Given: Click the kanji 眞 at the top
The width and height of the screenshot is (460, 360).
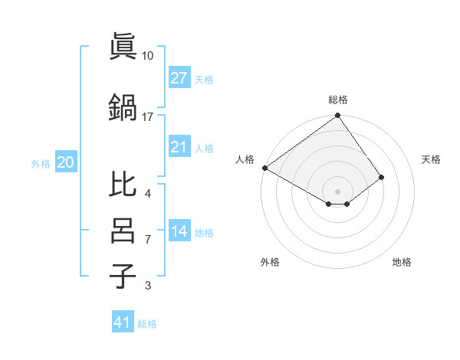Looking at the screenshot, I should tap(123, 47).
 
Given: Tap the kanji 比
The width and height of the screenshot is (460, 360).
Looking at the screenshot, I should tap(123, 185).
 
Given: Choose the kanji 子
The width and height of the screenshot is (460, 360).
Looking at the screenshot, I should tap(123, 275).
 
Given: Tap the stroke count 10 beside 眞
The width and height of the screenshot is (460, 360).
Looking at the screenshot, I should tap(148, 56).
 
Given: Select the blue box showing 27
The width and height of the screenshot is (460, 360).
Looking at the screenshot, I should tap(179, 78).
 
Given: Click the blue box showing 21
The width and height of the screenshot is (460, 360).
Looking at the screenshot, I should tap(179, 147).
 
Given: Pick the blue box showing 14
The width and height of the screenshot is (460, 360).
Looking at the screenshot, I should tap(179, 231).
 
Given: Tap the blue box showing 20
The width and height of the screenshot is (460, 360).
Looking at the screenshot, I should tap(66, 162).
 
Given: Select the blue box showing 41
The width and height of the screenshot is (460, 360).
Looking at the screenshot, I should tap(123, 322).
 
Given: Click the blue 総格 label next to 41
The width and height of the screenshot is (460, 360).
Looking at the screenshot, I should tap(147, 324).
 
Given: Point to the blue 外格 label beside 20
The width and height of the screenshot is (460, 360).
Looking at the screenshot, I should tap(41, 163).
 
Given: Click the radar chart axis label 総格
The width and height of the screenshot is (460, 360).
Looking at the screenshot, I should tap(338, 100).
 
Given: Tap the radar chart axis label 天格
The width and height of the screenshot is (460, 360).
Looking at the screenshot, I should tap(431, 159).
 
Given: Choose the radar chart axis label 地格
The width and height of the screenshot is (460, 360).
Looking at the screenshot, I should tap(402, 262).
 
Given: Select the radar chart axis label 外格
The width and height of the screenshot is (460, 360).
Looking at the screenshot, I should tap(270, 262).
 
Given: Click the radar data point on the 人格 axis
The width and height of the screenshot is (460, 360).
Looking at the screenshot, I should tap(264, 168).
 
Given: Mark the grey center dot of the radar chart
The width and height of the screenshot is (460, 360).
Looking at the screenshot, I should tap(337, 190).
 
